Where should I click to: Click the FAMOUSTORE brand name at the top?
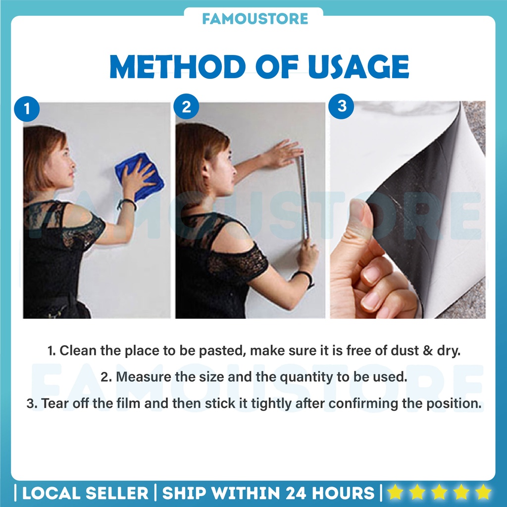pos(255,19)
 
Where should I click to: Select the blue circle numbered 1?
pos(27,108)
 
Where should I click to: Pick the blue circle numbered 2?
pos(186,106)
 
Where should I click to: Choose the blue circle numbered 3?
pos(342,106)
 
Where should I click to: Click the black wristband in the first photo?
pos(127,203)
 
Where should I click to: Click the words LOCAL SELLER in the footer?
pos(85,494)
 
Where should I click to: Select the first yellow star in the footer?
pos(395,493)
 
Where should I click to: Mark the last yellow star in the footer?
pos(483,493)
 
